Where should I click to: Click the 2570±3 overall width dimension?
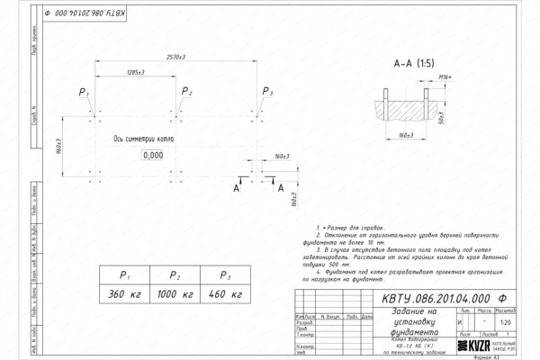click(176, 57)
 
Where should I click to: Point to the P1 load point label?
click(84, 93)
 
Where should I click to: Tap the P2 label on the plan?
click(186, 93)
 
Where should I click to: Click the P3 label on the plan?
click(265, 93)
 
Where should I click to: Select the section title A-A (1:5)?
click(413, 65)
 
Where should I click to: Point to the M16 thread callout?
click(442, 78)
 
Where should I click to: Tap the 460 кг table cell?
click(220, 293)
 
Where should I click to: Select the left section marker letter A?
click(237, 188)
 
